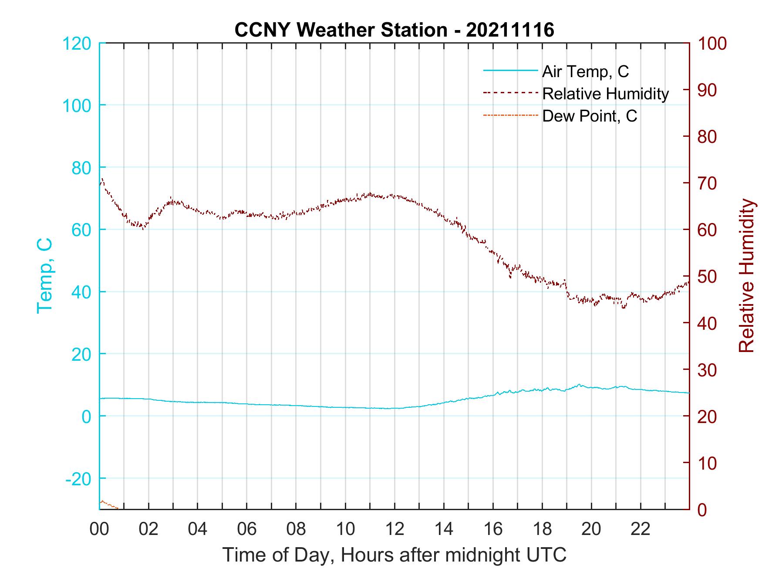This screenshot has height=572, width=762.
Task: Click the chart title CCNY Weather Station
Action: pos(394,30)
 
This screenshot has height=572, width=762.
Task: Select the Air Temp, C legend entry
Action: pos(585,71)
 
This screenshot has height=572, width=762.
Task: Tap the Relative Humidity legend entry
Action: pos(605,94)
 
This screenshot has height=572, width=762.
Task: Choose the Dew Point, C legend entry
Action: pos(590,116)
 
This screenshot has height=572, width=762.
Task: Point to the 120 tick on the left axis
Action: pos(77,44)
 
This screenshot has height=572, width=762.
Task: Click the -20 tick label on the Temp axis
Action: pos(78,479)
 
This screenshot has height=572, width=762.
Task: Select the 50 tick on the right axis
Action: pos(707,277)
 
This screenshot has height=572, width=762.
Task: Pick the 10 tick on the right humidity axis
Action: pos(707,463)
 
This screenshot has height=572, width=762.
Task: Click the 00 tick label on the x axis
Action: pos(99,529)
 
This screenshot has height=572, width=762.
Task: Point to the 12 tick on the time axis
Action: pos(394,529)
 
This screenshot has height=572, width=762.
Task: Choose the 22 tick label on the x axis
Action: pos(641,529)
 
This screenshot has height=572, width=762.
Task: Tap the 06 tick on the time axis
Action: pos(247,529)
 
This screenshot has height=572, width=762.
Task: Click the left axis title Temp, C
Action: pos(45,276)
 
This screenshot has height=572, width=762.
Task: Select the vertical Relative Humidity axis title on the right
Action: pos(746,276)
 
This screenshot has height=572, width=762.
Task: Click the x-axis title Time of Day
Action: pos(394,555)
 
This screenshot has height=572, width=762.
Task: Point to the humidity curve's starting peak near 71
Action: pos(102,179)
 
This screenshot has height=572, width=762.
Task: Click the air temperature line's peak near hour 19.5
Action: pos(579,385)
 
